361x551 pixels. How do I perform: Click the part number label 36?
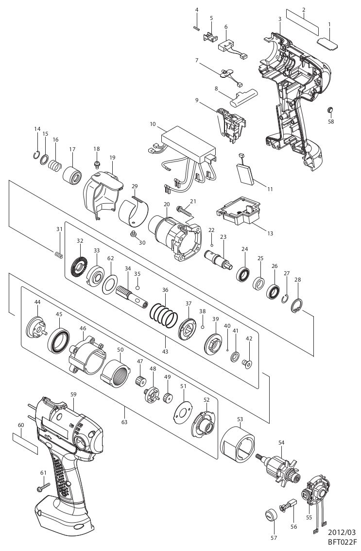tap(165, 290)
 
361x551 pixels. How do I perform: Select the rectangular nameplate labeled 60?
tap(25, 443)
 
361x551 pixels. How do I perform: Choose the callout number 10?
tap(153, 124)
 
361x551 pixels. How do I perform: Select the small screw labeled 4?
tap(197, 27)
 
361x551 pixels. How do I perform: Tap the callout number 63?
tap(124, 422)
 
